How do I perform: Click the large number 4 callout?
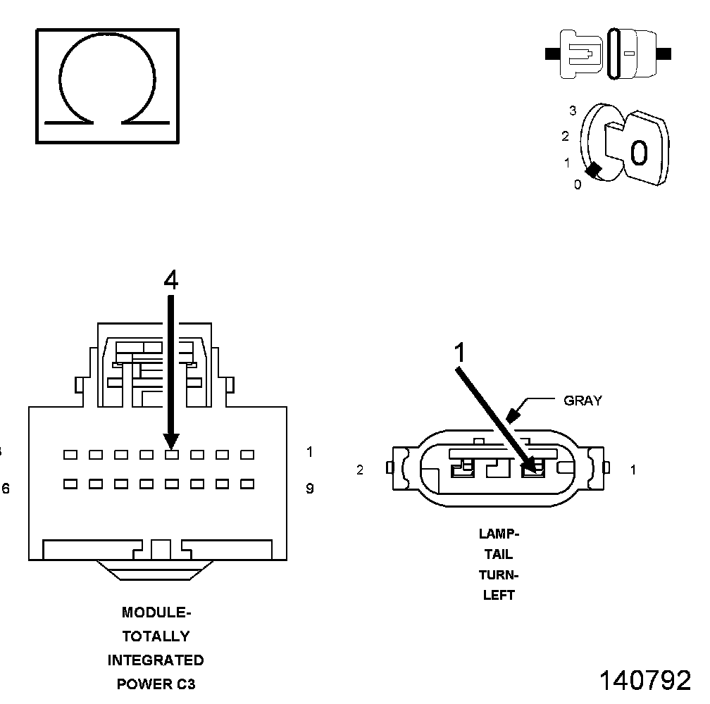[x=170, y=280]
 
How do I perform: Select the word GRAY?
[x=583, y=401]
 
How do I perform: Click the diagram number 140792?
[x=644, y=681]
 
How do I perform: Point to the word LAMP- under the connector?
[x=499, y=534]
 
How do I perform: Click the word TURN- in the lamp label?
[x=499, y=574]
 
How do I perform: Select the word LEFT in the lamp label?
[x=499, y=595]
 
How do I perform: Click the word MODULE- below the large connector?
[x=156, y=612]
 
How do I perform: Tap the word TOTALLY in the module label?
[x=156, y=636]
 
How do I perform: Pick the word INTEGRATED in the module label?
[x=156, y=660]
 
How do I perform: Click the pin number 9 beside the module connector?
[x=310, y=488]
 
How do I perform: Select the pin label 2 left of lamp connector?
[x=360, y=470]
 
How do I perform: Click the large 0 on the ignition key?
[x=638, y=152]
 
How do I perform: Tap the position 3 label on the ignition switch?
[x=573, y=111]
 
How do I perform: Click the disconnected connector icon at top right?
[x=609, y=54]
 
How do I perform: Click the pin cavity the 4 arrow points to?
[x=171, y=455]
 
